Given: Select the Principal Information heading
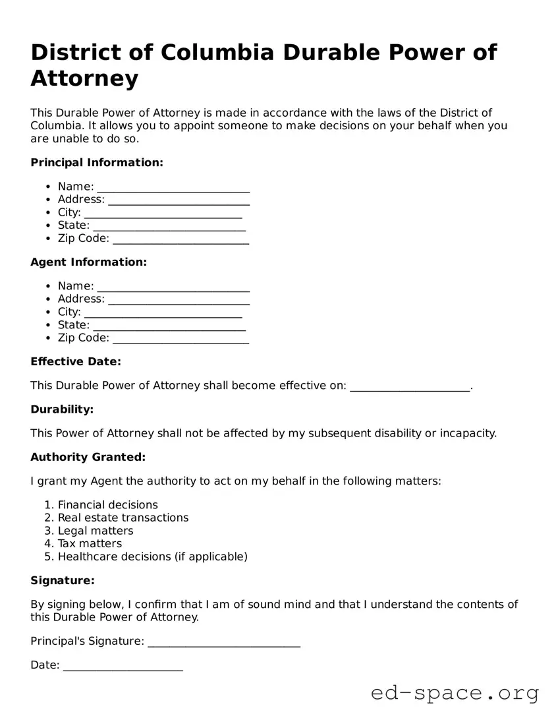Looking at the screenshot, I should point(96,162).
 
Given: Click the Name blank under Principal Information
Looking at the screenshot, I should point(173,187).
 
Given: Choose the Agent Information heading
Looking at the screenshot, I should point(88,262).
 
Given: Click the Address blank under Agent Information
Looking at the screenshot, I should point(179,299).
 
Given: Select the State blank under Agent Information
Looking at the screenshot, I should point(169,326).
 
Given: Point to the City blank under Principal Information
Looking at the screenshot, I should point(163,213).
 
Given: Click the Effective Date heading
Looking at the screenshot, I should point(76,361).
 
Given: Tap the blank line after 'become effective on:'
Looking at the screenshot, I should point(410,386).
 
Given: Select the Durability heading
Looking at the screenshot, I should point(62,409).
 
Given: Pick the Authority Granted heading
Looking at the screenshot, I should point(88,457).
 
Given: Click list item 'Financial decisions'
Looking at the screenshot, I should point(107,505).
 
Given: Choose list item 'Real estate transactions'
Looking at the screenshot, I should point(123,518).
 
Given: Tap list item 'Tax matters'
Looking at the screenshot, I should point(90,544).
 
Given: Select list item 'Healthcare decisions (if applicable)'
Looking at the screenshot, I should point(152,556).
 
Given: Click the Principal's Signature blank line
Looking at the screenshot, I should point(224,642).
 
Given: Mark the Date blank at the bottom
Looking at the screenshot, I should point(123,666).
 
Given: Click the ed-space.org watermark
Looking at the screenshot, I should point(455,694).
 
